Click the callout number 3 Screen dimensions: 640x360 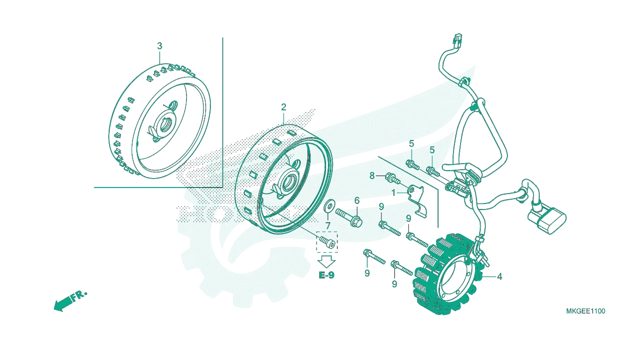click(x=159, y=46)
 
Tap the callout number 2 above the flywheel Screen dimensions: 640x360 click(x=283, y=107)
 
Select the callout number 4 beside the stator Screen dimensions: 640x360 click(x=499, y=277)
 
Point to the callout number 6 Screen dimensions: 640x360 click(x=357, y=201)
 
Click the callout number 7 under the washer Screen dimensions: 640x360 click(x=327, y=225)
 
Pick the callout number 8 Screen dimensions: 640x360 click(x=372, y=176)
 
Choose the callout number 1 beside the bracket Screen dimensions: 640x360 click(x=394, y=193)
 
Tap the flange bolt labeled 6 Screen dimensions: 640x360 click(x=349, y=217)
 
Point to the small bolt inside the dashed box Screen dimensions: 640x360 click(x=327, y=242)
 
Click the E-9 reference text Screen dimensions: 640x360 click(x=326, y=275)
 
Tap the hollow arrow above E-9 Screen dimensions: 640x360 click(x=326, y=262)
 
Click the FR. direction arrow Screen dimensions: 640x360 click(x=70, y=301)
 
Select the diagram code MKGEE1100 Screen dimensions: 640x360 click(x=586, y=311)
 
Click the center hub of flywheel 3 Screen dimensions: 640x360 click(x=164, y=126)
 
